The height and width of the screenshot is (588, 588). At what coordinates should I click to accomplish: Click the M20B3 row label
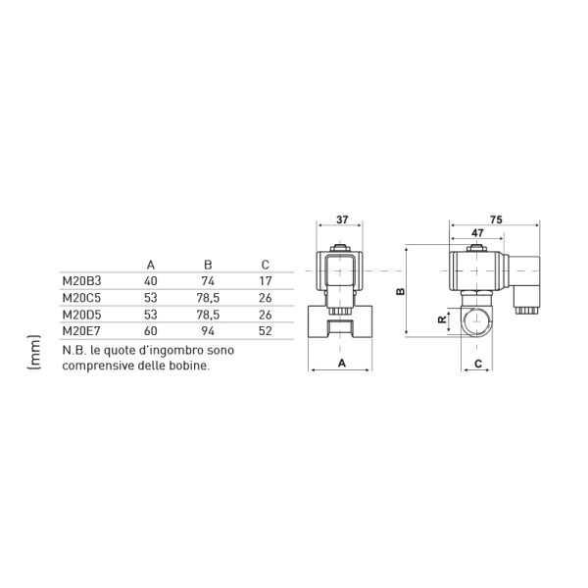(81, 281)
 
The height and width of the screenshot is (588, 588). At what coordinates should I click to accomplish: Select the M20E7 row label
(81, 331)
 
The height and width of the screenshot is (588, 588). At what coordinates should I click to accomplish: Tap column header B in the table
(208, 265)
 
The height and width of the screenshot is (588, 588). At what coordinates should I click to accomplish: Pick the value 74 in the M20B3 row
(208, 281)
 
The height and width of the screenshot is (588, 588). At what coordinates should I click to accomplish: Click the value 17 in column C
(266, 281)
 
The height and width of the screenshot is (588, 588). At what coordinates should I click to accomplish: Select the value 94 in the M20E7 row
(208, 331)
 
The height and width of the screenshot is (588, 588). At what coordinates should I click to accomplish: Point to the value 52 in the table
(266, 331)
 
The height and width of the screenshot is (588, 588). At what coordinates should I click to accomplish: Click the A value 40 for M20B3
(151, 281)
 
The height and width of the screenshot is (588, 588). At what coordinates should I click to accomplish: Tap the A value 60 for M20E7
(151, 331)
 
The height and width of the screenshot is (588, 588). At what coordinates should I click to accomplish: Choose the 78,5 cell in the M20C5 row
(208, 298)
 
